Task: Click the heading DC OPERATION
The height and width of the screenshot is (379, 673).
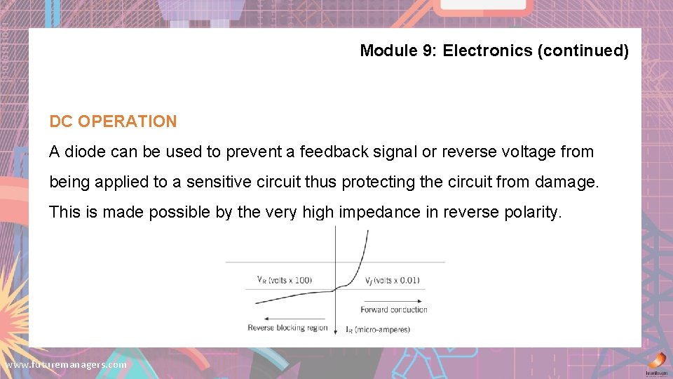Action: click(113, 121)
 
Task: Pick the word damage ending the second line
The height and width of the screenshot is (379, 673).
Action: click(566, 182)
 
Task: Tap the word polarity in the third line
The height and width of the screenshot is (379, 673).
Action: click(532, 212)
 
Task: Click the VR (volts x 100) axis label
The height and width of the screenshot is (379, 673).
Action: click(285, 280)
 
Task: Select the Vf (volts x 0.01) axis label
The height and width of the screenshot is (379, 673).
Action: click(392, 280)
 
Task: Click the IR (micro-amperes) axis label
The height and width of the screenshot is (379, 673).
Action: click(378, 329)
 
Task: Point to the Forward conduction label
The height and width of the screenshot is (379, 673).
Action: click(393, 310)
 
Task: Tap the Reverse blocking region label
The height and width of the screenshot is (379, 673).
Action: click(287, 328)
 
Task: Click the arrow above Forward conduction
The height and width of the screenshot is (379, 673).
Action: click(393, 300)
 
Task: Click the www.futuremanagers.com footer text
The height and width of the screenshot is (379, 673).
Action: click(66, 365)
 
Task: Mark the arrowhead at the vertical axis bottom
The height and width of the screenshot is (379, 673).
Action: click(336, 333)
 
